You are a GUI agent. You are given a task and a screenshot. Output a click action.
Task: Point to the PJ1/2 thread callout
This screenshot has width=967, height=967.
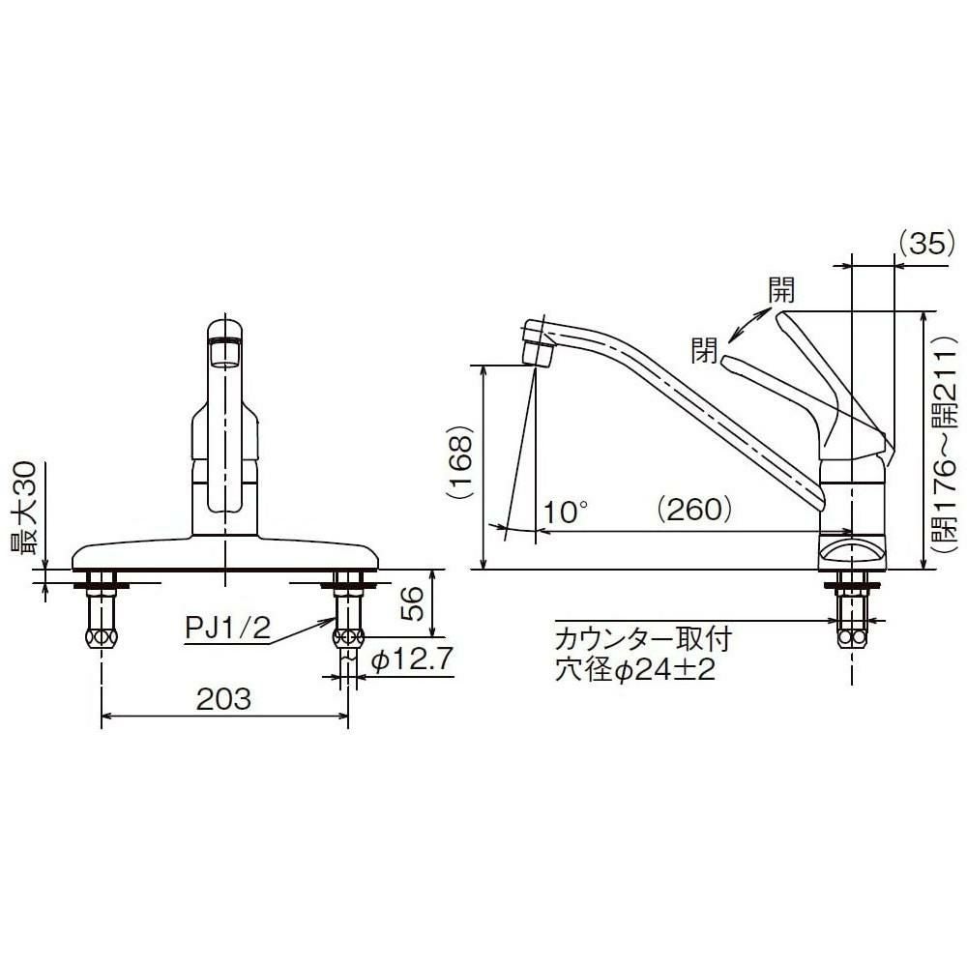(x=227, y=630)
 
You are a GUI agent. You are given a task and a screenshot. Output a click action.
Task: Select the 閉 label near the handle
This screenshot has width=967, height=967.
(x=703, y=348)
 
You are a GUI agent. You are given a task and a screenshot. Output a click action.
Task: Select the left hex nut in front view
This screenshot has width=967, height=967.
(x=102, y=639)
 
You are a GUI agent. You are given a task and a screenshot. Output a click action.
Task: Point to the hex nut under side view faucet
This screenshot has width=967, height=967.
(x=851, y=639)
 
